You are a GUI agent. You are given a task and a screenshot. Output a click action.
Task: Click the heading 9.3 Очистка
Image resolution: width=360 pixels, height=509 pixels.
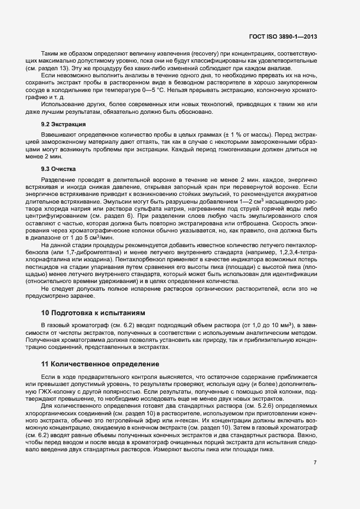click(59, 169)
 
